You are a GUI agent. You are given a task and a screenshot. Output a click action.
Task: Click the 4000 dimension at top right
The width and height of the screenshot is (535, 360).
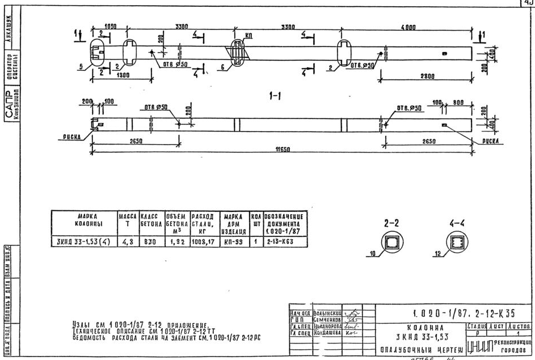(x=408, y=27)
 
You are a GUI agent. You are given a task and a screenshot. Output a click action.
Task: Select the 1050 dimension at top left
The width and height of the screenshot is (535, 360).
(x=111, y=27)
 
